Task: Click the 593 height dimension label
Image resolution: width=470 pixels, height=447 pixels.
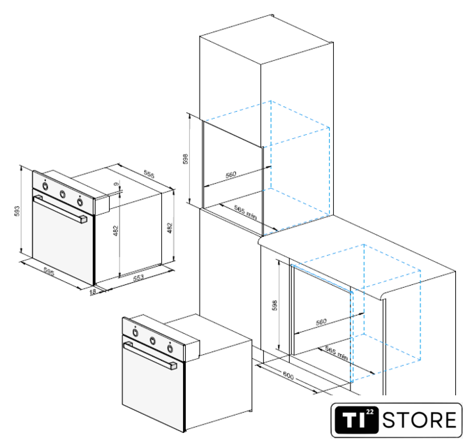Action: pyautogui.click(x=17, y=211)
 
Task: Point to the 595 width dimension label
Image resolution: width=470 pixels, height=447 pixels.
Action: pyautogui.click(x=49, y=271)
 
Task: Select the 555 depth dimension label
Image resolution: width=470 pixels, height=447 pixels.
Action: pyautogui.click(x=149, y=174)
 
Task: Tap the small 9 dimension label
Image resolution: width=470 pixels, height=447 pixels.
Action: pyautogui.click(x=117, y=184)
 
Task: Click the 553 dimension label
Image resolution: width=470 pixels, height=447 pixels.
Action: pyautogui.click(x=138, y=277)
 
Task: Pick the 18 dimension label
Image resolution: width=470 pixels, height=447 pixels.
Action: pyautogui.click(x=93, y=291)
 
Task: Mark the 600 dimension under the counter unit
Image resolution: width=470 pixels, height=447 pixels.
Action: pyautogui.click(x=288, y=376)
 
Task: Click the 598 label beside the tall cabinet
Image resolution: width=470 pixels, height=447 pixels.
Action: pyautogui.click(x=186, y=159)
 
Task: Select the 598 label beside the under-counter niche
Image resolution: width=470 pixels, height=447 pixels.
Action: pyautogui.click(x=274, y=305)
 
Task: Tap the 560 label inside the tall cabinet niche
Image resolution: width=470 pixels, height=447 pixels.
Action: pyautogui.click(x=230, y=175)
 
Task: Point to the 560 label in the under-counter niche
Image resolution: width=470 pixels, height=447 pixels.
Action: pyautogui.click(x=321, y=322)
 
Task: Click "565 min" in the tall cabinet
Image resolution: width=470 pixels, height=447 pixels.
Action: pyautogui.click(x=246, y=212)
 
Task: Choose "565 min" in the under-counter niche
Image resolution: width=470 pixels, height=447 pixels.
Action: pyautogui.click(x=337, y=353)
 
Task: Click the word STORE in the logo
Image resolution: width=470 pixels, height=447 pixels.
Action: pyautogui.click(x=419, y=420)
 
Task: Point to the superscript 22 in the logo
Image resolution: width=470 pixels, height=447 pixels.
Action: pyautogui.click(x=369, y=412)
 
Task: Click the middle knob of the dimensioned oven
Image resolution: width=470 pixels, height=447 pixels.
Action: pyautogui.click(x=62, y=194)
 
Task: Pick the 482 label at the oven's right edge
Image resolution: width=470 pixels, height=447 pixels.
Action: pyautogui.click(x=170, y=228)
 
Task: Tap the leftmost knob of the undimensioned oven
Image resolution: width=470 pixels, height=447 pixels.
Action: pyautogui.click(x=135, y=332)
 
